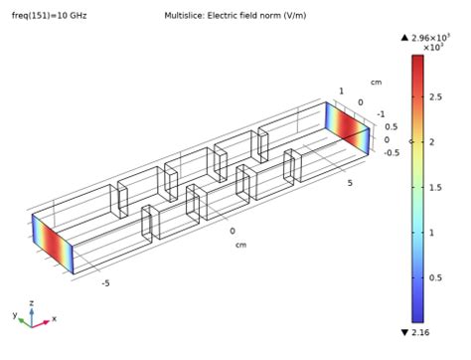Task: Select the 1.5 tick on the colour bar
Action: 440,187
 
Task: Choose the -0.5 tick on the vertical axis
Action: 392,152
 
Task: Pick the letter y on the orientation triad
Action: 15,314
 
